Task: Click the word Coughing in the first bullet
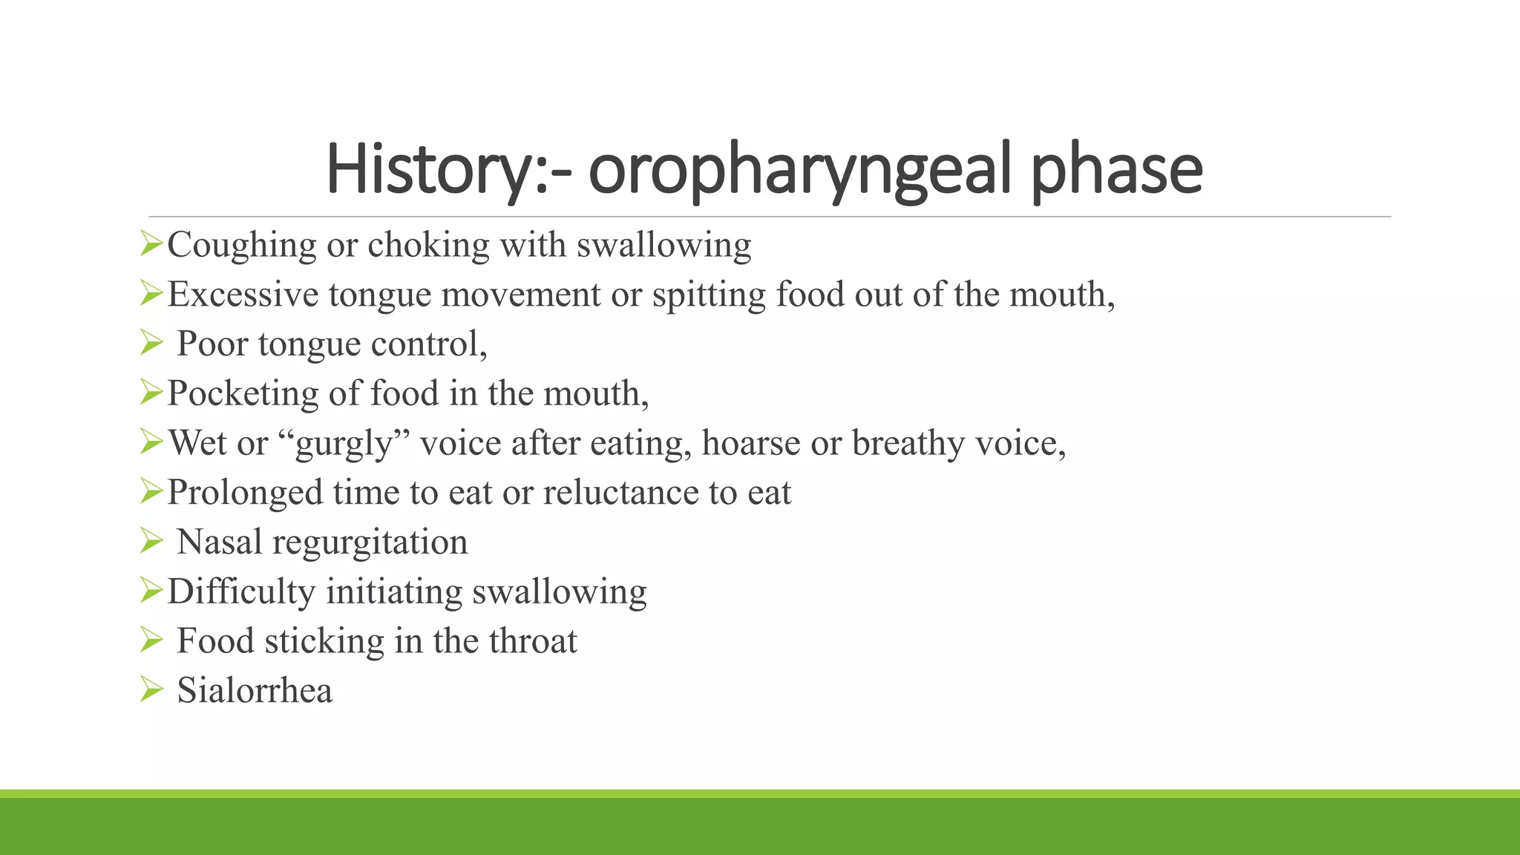(x=242, y=246)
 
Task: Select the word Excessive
(x=243, y=294)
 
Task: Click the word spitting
(x=709, y=295)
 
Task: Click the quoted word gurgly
(x=344, y=444)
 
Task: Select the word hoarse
(x=750, y=442)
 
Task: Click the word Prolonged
(x=245, y=493)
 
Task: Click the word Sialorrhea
(x=255, y=690)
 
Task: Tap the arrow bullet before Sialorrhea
(x=151, y=690)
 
